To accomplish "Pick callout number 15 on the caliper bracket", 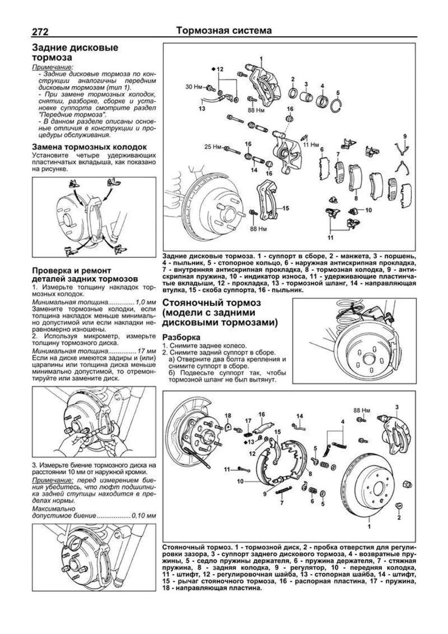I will (285, 208).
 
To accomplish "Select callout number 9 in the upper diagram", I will (405, 136).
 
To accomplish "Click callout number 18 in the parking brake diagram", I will (228, 415).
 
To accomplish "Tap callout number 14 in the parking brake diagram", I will (299, 416).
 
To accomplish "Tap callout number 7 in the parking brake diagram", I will (282, 502).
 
